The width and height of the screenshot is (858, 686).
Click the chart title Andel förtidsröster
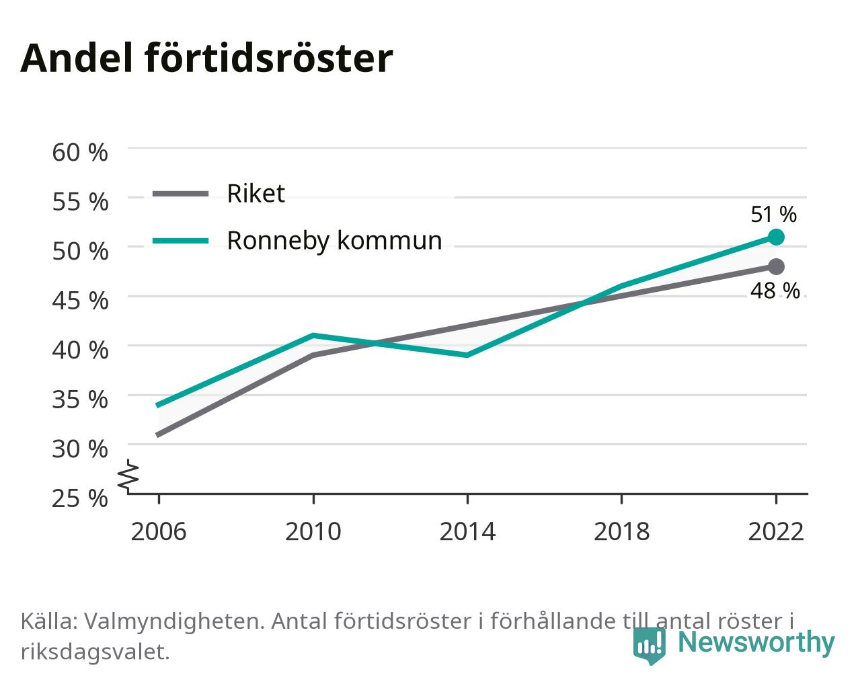coord(206,59)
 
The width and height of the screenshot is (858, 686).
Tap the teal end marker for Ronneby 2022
coord(776,237)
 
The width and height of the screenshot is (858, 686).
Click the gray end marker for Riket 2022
coord(776,266)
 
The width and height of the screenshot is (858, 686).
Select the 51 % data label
coord(773,215)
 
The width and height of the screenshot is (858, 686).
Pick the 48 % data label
coord(775,291)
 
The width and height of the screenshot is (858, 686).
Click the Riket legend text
coord(256,194)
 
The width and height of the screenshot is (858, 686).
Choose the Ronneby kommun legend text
coord(334,241)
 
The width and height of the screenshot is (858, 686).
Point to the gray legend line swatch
coord(181,194)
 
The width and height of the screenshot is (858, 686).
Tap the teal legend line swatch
coord(181,241)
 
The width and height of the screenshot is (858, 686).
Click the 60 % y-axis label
coord(80,153)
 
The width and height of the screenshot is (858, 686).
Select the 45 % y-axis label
coord(80,301)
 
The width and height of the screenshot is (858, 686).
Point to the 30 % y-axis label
coord(80,449)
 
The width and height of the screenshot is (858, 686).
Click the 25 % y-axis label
coord(80,498)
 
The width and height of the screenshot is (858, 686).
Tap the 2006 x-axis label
coord(159,531)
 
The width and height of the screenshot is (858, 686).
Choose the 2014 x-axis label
coord(467,531)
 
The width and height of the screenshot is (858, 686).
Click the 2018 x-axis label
coord(621,531)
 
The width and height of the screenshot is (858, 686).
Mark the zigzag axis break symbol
coord(128,475)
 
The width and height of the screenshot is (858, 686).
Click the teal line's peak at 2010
coord(313,336)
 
